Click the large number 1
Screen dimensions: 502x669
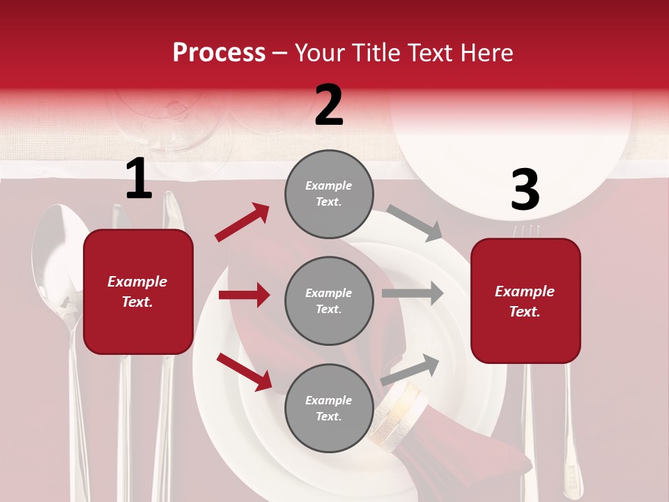[x=139, y=179]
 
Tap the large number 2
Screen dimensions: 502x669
[x=329, y=105]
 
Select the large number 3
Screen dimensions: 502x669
[x=525, y=190]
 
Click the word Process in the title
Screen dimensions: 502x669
[x=219, y=52]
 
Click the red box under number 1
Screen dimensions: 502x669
[x=138, y=291]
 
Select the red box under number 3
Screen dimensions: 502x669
[x=525, y=301]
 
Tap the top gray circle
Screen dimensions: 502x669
[x=329, y=194]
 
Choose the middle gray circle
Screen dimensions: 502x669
[x=329, y=301]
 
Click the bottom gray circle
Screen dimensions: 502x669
[x=329, y=408]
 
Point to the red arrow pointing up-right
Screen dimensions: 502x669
[x=243, y=222]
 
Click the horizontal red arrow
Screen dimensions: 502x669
[x=245, y=295]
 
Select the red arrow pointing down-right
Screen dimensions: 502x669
[x=245, y=371]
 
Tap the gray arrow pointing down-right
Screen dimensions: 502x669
[x=415, y=222]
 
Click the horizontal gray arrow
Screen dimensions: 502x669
[x=413, y=293]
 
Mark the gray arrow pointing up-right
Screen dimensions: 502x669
[x=410, y=369]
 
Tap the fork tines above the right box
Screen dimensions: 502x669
[x=526, y=231]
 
